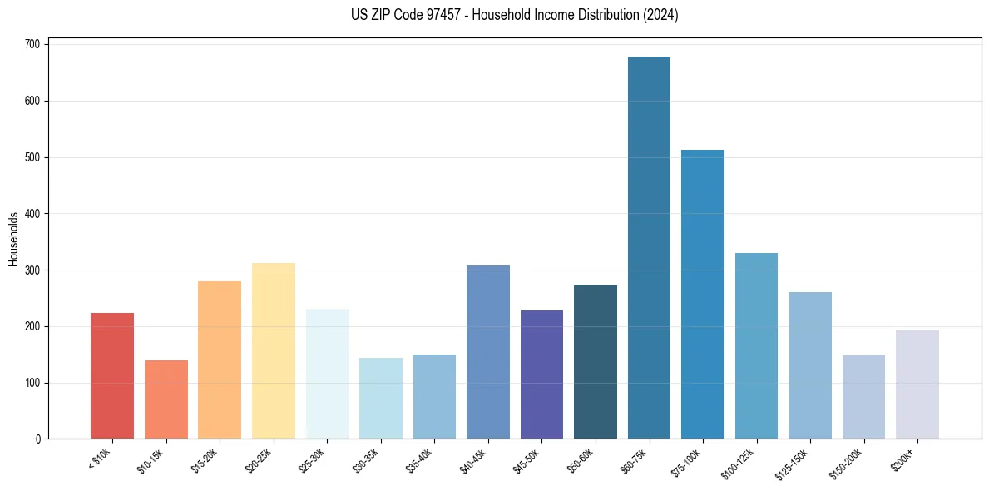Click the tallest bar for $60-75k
click(649, 250)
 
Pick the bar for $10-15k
click(166, 399)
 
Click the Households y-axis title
click(14, 239)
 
